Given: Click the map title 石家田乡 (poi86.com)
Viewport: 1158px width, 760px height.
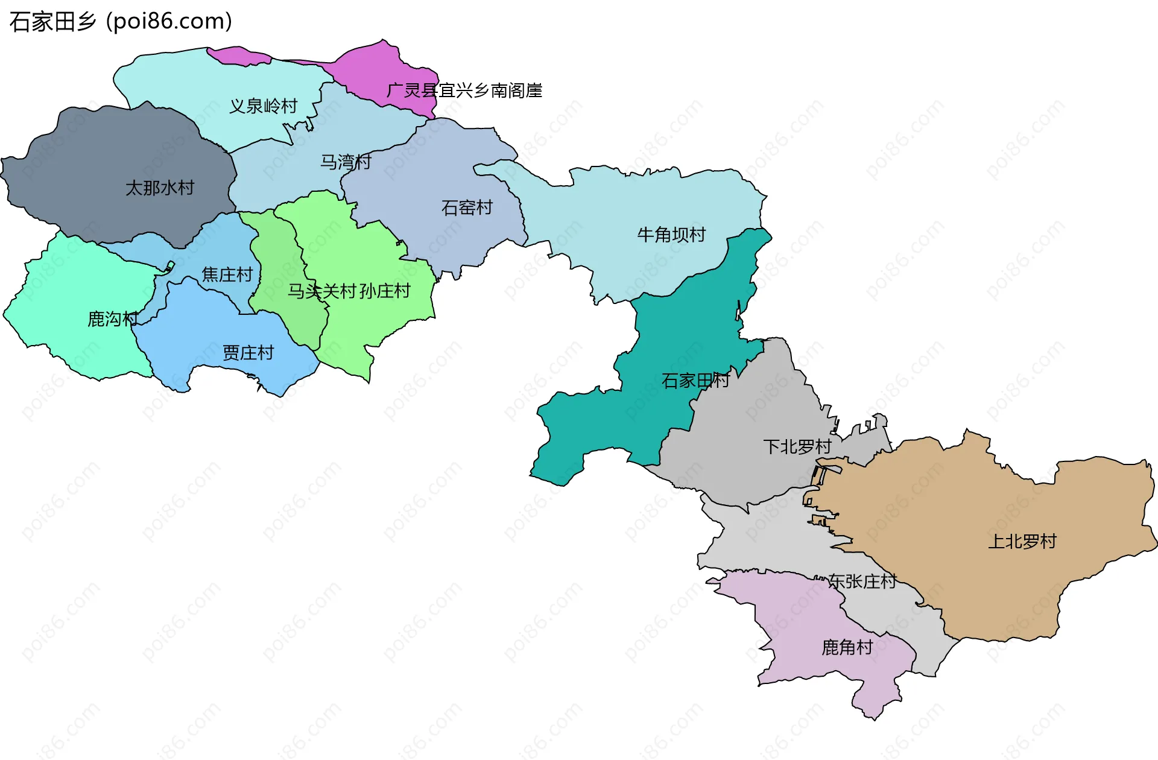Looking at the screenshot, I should [x=121, y=22].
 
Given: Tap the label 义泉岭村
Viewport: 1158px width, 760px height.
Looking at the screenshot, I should [x=263, y=106].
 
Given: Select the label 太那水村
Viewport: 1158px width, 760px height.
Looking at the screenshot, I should [x=160, y=188].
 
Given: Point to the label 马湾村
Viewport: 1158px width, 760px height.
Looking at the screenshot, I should [x=345, y=162].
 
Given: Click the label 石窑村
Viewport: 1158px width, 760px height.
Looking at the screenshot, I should [x=467, y=208].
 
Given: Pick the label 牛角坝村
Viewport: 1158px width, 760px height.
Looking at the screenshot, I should [x=671, y=235].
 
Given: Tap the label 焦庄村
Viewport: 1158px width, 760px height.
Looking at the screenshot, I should [x=227, y=275].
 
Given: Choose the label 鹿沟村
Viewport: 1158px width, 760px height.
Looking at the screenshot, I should [x=113, y=319].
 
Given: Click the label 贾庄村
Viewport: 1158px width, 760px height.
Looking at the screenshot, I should [x=248, y=353].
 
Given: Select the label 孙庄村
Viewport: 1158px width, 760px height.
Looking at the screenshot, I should [x=385, y=291].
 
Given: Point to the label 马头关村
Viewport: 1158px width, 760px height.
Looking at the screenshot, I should [x=322, y=291].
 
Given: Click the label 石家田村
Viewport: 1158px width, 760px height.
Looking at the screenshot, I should [x=695, y=381].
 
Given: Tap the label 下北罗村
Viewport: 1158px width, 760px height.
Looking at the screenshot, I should [x=797, y=447].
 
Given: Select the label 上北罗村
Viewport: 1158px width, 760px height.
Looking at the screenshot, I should [x=1022, y=542].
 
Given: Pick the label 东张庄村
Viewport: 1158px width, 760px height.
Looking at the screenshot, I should [x=862, y=581].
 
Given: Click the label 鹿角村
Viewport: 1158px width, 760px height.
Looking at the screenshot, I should [x=847, y=648].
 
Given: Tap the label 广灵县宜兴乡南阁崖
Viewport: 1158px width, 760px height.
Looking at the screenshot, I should [x=464, y=90].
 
